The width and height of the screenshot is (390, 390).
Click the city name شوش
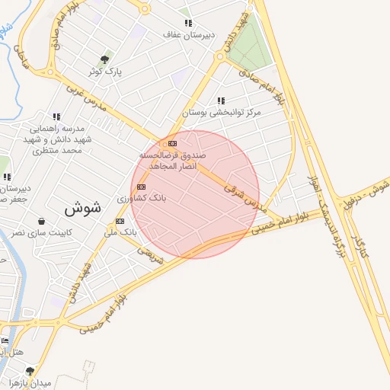(83, 207)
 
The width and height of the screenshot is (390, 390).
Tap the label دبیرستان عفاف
(188, 35)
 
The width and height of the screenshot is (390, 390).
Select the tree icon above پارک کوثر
(105, 59)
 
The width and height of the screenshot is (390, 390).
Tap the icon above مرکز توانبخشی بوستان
(221, 101)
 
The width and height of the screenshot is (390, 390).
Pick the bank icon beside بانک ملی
(120, 221)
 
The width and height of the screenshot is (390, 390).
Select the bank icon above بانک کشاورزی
(141, 186)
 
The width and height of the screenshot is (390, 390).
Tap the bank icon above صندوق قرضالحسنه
(172, 142)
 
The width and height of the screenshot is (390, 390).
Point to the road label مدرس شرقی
(248, 196)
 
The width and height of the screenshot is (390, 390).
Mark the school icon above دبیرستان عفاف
(188, 24)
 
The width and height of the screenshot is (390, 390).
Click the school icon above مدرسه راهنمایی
(56, 117)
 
